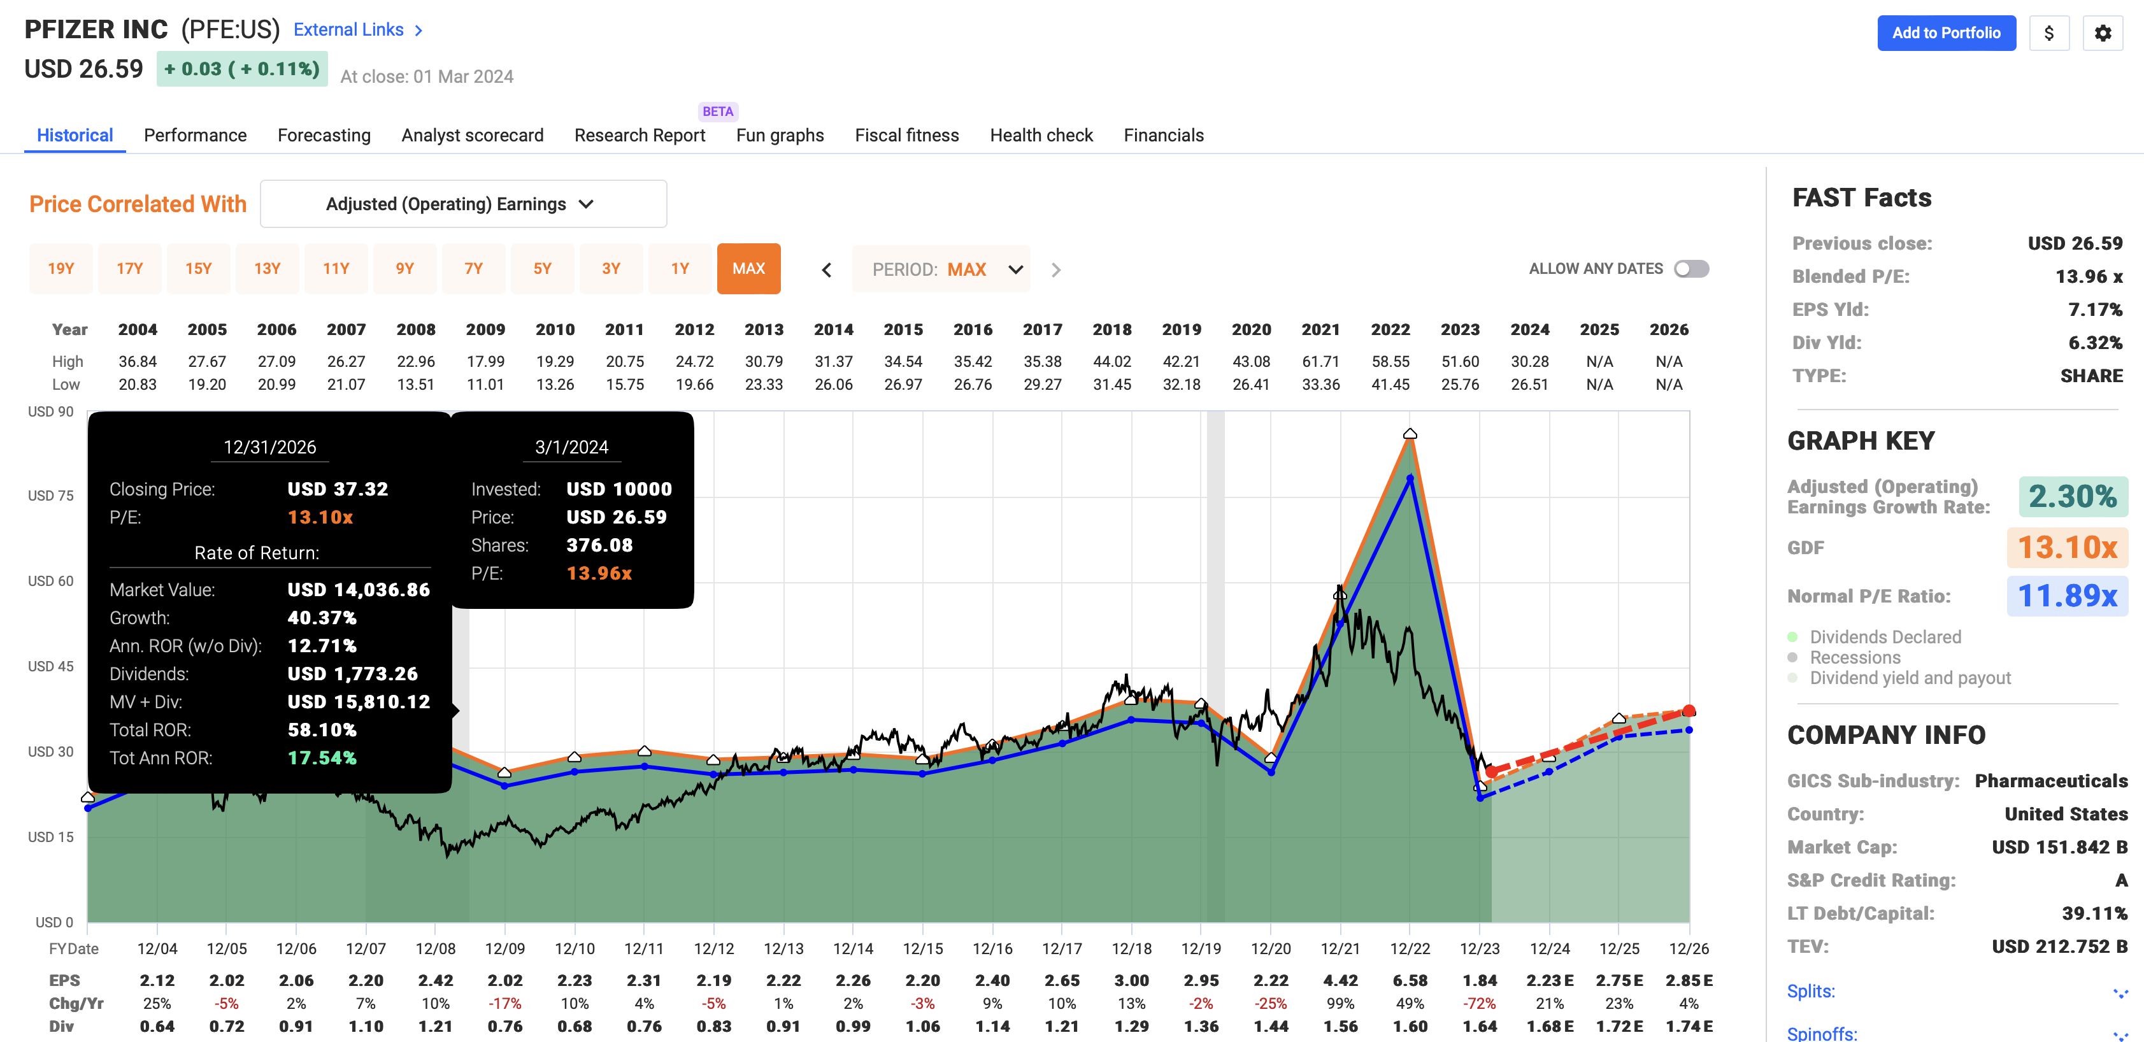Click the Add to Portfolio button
[x=1945, y=33]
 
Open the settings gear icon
[x=2103, y=33]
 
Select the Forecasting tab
[x=324, y=135]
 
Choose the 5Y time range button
[x=542, y=269]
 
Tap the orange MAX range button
[x=748, y=269]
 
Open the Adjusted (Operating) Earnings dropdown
[x=463, y=204]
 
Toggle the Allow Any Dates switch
[x=1691, y=269]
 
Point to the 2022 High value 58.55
[x=1390, y=361]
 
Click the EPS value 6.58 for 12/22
[x=1410, y=980]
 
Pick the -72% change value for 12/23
[x=1479, y=1004]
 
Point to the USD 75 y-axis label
[x=51, y=496]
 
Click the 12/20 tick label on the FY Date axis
[x=1270, y=949]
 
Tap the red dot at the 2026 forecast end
[x=1689, y=711]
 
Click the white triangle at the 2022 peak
[x=1410, y=434]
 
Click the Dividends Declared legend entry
[x=1885, y=637]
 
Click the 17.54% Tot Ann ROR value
[x=322, y=758]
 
